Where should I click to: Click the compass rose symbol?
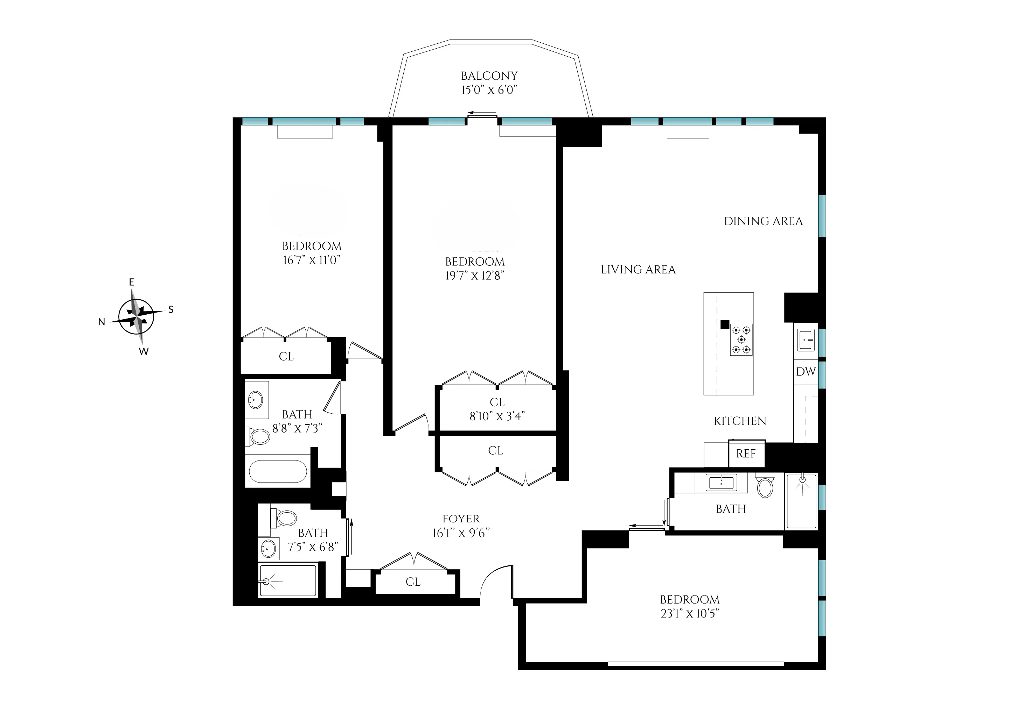tap(137, 316)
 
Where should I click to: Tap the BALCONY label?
tap(489, 76)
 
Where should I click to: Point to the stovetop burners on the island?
tap(741, 340)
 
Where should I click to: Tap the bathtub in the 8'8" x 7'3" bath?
tap(278, 472)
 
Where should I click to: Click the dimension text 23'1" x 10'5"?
tap(690, 613)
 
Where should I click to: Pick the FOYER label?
tap(461, 519)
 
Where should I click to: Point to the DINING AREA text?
tap(763, 221)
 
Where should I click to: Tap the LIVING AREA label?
tap(638, 270)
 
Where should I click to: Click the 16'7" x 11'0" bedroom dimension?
tap(312, 260)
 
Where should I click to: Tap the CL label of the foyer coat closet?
tap(413, 582)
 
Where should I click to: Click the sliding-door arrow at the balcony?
tap(481, 113)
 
